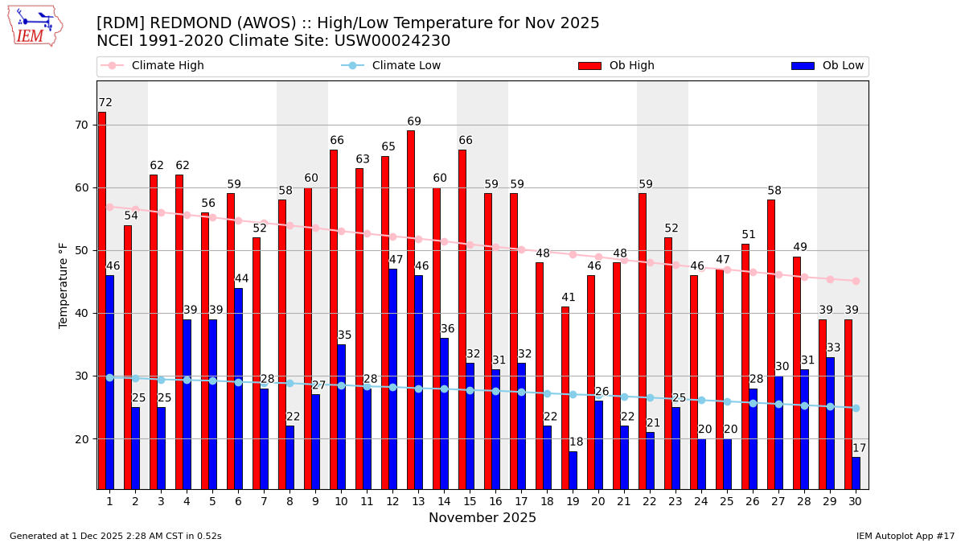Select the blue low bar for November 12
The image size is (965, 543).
tap(392, 378)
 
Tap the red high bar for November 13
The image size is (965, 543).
tap(411, 309)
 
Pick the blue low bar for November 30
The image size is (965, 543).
tap(856, 473)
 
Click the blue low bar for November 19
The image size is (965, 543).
tap(573, 470)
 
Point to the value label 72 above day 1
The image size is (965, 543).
tap(105, 103)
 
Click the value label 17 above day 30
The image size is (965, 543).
tap(859, 448)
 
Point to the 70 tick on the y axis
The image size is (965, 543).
tap(81, 125)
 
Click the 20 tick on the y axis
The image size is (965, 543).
tap(81, 438)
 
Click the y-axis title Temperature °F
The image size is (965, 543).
tap(64, 285)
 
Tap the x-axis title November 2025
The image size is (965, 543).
tap(482, 518)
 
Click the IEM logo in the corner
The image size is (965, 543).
tap(35, 26)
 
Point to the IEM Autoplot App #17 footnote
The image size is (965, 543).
tap(905, 536)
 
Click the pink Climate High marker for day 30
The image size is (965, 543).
tap(856, 281)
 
